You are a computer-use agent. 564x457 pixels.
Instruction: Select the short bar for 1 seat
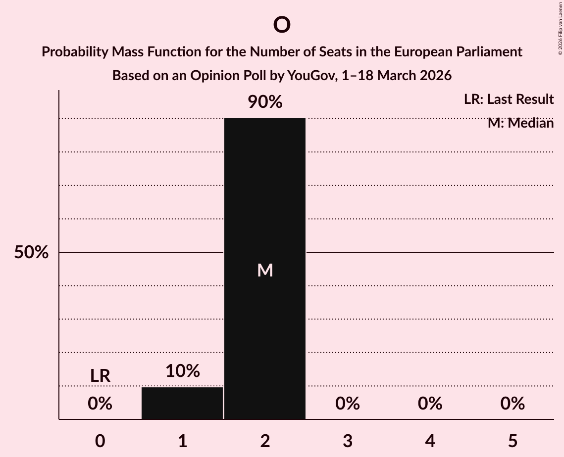click(x=182, y=403)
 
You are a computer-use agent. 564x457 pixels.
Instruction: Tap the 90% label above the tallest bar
click(x=265, y=102)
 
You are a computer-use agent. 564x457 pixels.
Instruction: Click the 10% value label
click(x=182, y=370)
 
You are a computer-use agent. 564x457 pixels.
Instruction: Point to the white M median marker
click(x=265, y=270)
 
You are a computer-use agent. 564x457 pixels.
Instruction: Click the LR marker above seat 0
click(x=100, y=376)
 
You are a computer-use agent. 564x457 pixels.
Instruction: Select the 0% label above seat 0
click(x=100, y=404)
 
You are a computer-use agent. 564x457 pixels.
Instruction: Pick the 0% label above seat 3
click(x=348, y=404)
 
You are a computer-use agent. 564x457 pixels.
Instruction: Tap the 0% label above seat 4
click(x=430, y=404)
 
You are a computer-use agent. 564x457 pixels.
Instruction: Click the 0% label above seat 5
click(x=513, y=404)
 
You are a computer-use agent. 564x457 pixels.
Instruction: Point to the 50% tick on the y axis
click(x=31, y=252)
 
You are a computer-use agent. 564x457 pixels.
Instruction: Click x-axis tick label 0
click(x=100, y=441)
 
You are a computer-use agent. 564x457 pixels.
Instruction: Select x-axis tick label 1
click(x=182, y=441)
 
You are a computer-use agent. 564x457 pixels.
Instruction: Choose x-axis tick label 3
click(x=348, y=441)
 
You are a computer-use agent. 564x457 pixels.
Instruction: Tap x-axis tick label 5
click(x=513, y=441)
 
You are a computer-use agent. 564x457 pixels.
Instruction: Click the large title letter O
click(x=281, y=25)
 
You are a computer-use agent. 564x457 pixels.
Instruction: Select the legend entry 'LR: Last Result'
click(x=509, y=99)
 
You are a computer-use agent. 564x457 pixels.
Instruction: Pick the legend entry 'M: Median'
click(x=520, y=123)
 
